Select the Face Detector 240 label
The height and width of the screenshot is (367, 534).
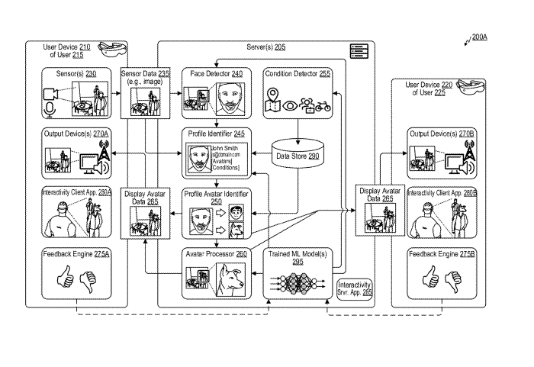tap(216, 73)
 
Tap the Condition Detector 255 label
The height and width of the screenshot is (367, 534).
tap(297, 73)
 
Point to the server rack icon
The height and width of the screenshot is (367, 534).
tap(359, 52)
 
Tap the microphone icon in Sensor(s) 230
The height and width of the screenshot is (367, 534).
tap(51, 111)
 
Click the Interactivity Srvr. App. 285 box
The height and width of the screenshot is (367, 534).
tap(353, 288)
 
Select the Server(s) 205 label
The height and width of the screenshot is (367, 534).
tap(266, 47)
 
